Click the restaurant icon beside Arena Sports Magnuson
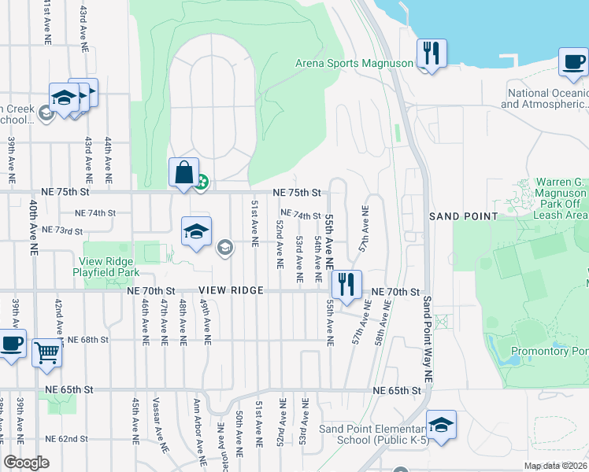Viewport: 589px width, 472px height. coord(432,53)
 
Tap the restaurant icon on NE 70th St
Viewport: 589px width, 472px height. coord(346,284)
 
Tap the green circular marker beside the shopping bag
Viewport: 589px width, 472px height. coord(202,183)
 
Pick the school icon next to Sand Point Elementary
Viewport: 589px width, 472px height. coord(441,425)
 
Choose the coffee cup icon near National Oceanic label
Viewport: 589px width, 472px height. coord(573,61)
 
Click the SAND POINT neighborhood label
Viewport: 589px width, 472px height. coord(463,216)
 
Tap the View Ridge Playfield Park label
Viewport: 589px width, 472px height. coord(109,267)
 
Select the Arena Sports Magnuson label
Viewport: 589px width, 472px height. coord(354,64)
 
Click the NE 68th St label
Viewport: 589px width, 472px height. coord(87,340)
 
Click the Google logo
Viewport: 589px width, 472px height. coord(27,463)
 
